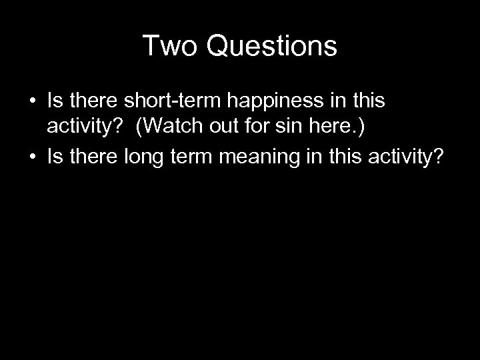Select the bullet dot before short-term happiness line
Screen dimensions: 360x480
tap(31, 102)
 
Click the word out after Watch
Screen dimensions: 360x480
tap(223, 127)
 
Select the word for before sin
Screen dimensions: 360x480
tap(257, 127)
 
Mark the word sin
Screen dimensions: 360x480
tap(289, 127)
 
